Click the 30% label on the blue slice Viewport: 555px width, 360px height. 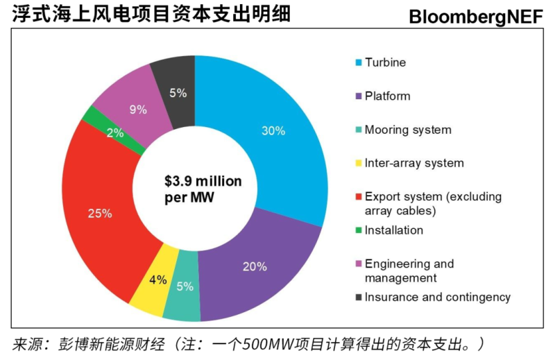[x=273, y=130]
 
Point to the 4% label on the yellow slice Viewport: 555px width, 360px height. [x=157, y=280]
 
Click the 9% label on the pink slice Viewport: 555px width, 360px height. [x=138, y=109]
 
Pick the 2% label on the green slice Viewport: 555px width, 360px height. [x=115, y=132]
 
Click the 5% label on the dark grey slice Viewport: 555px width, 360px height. [x=178, y=93]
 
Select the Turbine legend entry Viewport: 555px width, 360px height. [x=385, y=62]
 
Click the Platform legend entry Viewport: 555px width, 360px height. [x=387, y=96]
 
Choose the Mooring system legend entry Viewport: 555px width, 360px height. [x=408, y=130]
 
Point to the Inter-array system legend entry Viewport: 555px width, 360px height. [x=414, y=163]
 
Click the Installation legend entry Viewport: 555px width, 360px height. [x=393, y=230]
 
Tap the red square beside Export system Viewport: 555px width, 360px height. [x=358, y=197]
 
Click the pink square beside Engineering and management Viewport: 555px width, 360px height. [x=358, y=264]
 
